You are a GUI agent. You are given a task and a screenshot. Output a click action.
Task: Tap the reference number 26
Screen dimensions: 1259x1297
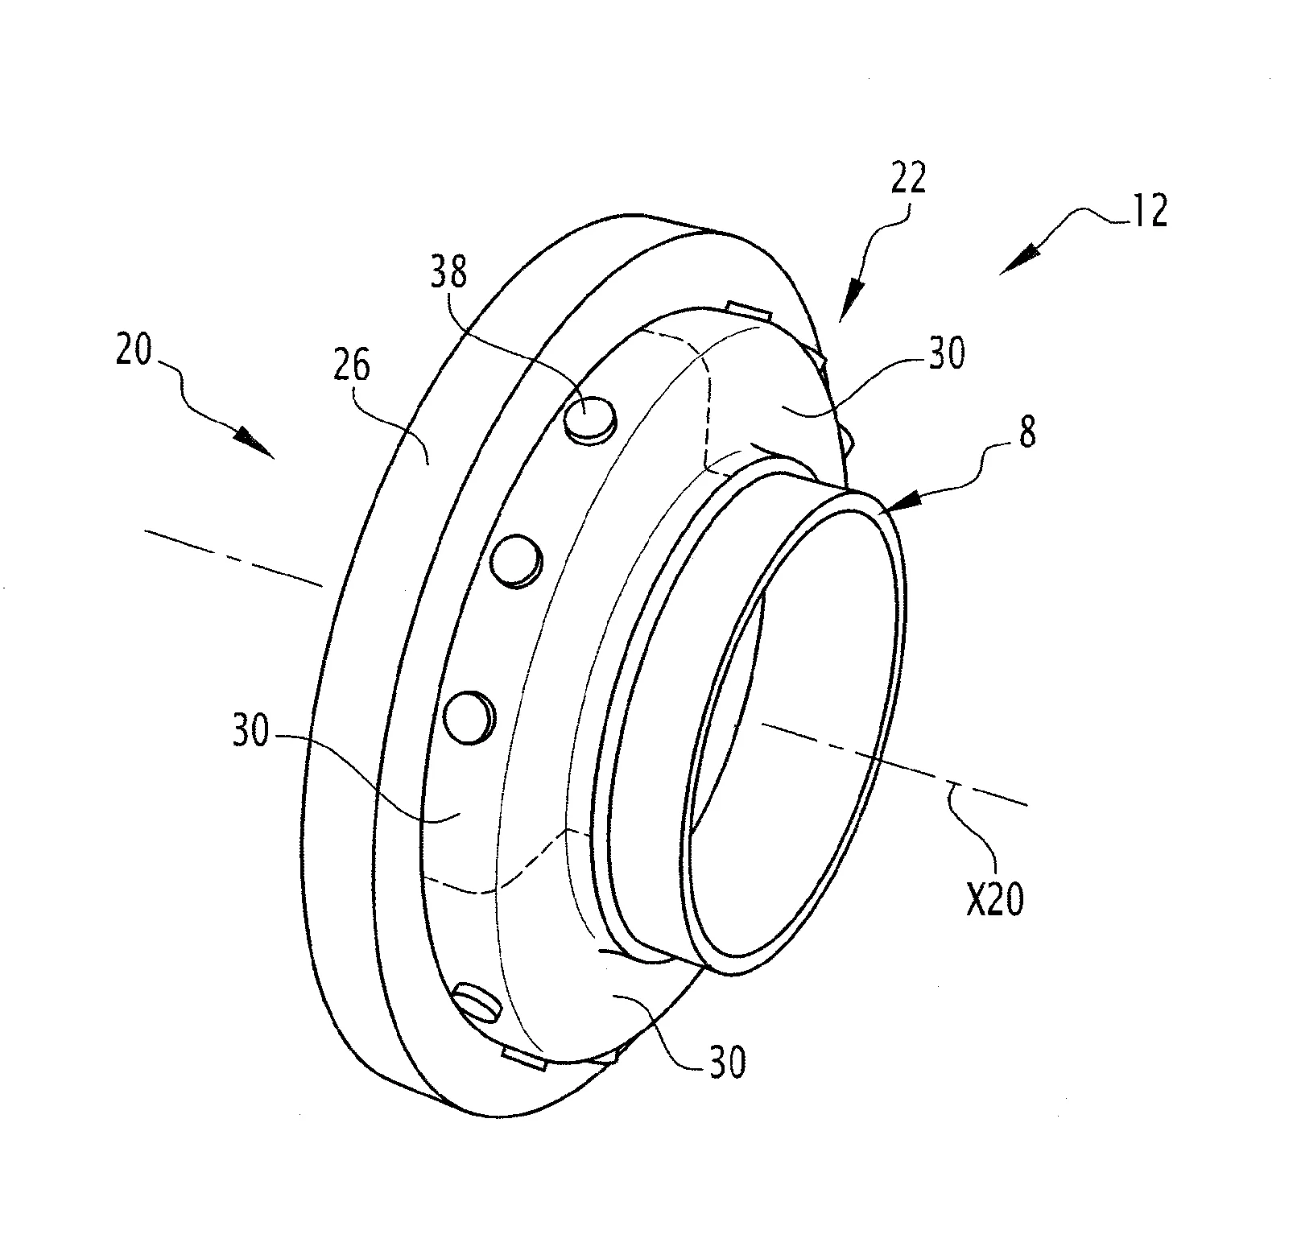coord(352,366)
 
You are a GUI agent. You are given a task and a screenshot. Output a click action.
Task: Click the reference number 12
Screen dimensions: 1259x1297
coord(1149,211)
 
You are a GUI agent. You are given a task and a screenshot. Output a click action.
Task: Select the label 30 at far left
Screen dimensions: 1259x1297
coord(250,733)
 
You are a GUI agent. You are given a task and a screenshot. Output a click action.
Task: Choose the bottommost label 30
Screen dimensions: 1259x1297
coord(726,1063)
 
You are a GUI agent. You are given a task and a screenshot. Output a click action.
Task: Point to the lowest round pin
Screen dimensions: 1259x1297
coord(478,1002)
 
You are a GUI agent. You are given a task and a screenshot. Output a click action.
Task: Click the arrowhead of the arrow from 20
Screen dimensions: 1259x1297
coord(256,444)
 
